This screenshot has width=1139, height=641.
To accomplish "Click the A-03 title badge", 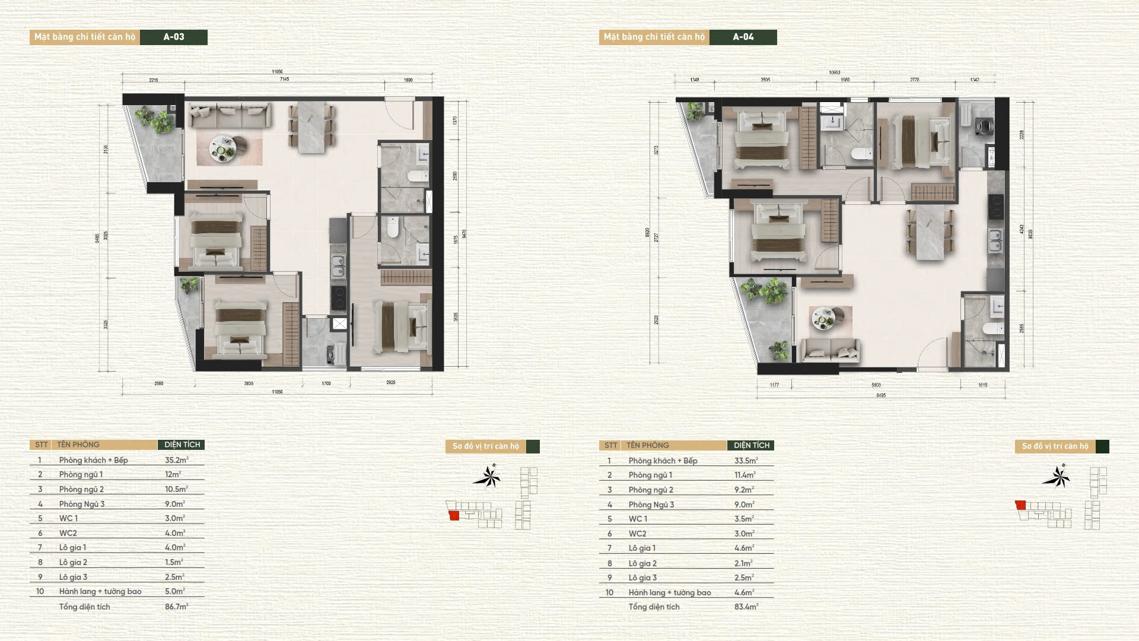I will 174,37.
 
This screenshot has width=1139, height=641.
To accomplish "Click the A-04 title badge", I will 743,37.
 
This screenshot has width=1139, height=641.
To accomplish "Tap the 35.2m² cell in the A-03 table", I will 176,460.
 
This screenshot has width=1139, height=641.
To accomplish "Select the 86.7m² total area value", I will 176,607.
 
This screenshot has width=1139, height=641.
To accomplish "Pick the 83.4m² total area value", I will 746,607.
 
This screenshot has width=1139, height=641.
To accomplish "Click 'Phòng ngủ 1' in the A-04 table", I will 650,475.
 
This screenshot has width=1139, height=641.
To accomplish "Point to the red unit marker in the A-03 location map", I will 454,515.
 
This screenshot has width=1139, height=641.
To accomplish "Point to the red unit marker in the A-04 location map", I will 1020,505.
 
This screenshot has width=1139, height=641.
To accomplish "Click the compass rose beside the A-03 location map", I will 488,477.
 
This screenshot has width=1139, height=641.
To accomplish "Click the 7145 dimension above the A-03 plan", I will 284,79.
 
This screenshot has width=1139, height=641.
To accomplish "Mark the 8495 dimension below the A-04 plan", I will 881,395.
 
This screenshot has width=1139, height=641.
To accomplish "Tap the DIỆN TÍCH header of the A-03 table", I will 182,445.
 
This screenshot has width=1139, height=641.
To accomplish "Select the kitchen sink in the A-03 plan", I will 338,266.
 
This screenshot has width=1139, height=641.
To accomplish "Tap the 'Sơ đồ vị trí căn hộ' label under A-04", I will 1055,446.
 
